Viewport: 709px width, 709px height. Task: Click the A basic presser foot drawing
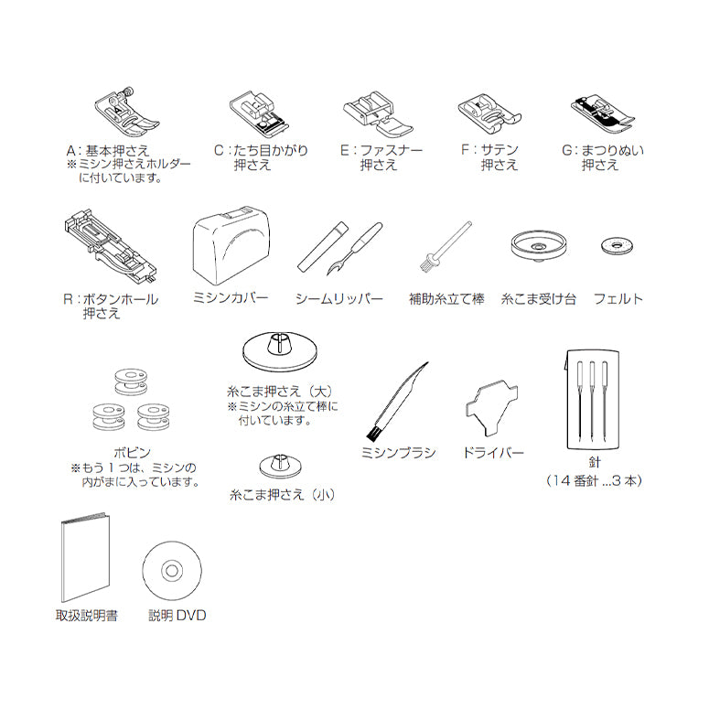click(126, 112)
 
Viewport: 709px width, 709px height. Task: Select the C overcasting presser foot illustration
click(259, 113)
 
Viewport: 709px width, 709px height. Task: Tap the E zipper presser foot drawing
click(377, 114)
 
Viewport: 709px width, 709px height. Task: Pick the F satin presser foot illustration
click(489, 113)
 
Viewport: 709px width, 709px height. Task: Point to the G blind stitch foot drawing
click(602, 113)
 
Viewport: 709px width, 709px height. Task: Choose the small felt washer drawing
click(617, 246)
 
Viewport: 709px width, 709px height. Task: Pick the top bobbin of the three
click(131, 381)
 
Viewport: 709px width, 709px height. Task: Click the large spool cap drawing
click(280, 352)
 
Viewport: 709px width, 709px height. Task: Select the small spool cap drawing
click(280, 466)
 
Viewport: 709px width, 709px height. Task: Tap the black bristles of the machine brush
click(373, 435)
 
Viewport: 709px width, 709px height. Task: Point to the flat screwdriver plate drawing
click(491, 407)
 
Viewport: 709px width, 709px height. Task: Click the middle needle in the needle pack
click(591, 401)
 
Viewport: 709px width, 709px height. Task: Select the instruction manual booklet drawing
click(85, 557)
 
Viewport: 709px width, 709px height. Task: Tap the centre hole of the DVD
click(172, 571)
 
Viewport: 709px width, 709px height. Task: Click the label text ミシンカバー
click(231, 298)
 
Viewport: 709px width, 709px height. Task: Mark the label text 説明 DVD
click(177, 615)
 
